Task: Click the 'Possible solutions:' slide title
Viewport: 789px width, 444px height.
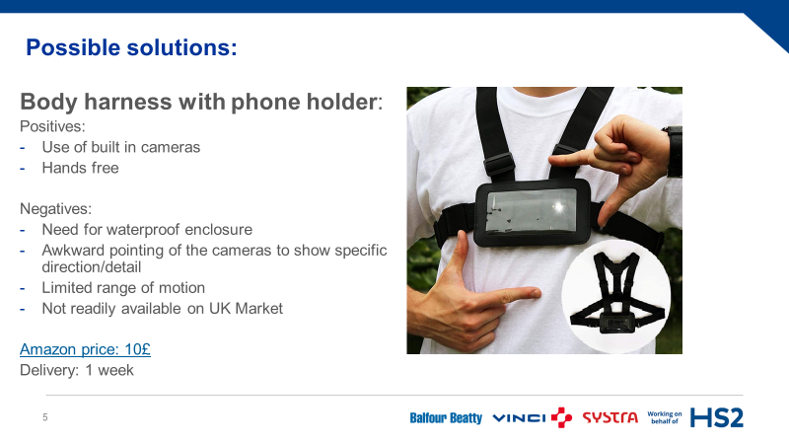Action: click(131, 47)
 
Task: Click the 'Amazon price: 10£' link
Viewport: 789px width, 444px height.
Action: click(85, 349)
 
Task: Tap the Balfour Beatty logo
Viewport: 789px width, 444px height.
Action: click(446, 417)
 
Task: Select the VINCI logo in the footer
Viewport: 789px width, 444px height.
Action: click(532, 417)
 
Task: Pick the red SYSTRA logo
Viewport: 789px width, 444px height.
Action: click(610, 417)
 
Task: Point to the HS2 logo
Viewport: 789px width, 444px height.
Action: click(717, 417)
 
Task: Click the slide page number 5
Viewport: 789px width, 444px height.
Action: click(45, 417)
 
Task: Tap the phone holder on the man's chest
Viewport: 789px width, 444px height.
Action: click(533, 212)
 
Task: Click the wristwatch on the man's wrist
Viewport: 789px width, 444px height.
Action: click(674, 151)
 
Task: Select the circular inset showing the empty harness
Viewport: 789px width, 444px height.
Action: click(615, 296)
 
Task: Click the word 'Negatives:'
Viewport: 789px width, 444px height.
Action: click(56, 209)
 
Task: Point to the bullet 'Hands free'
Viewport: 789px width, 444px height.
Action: click(81, 168)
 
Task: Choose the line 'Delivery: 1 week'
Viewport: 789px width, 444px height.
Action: click(77, 371)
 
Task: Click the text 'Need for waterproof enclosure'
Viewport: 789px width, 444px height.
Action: click(147, 230)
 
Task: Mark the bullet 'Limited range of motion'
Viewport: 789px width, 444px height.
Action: click(123, 288)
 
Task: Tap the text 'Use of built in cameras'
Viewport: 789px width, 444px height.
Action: click(120, 147)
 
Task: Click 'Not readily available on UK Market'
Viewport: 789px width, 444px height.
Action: click(162, 309)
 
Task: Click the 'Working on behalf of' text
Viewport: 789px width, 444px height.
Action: click(664, 417)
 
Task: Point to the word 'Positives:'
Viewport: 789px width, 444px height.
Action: click(52, 126)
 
